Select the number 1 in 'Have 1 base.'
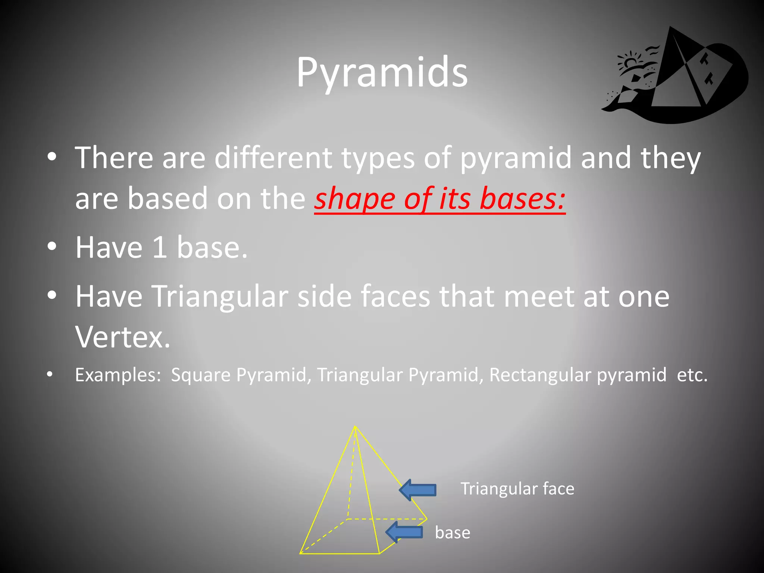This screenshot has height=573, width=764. [159, 248]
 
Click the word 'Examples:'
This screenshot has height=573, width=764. [118, 375]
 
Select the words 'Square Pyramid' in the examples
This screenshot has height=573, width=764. [239, 375]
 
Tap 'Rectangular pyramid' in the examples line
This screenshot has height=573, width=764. [577, 375]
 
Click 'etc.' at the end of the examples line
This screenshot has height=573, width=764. [692, 375]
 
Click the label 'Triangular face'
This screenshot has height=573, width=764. [517, 489]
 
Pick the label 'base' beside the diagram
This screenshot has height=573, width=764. [452, 533]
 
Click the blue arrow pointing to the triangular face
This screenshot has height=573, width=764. [418, 489]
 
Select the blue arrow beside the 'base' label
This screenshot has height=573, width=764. [404, 532]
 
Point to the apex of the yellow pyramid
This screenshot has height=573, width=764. [355, 426]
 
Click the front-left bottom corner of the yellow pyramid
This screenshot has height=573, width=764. [301, 553]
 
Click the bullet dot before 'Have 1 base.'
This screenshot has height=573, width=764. [52, 247]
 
